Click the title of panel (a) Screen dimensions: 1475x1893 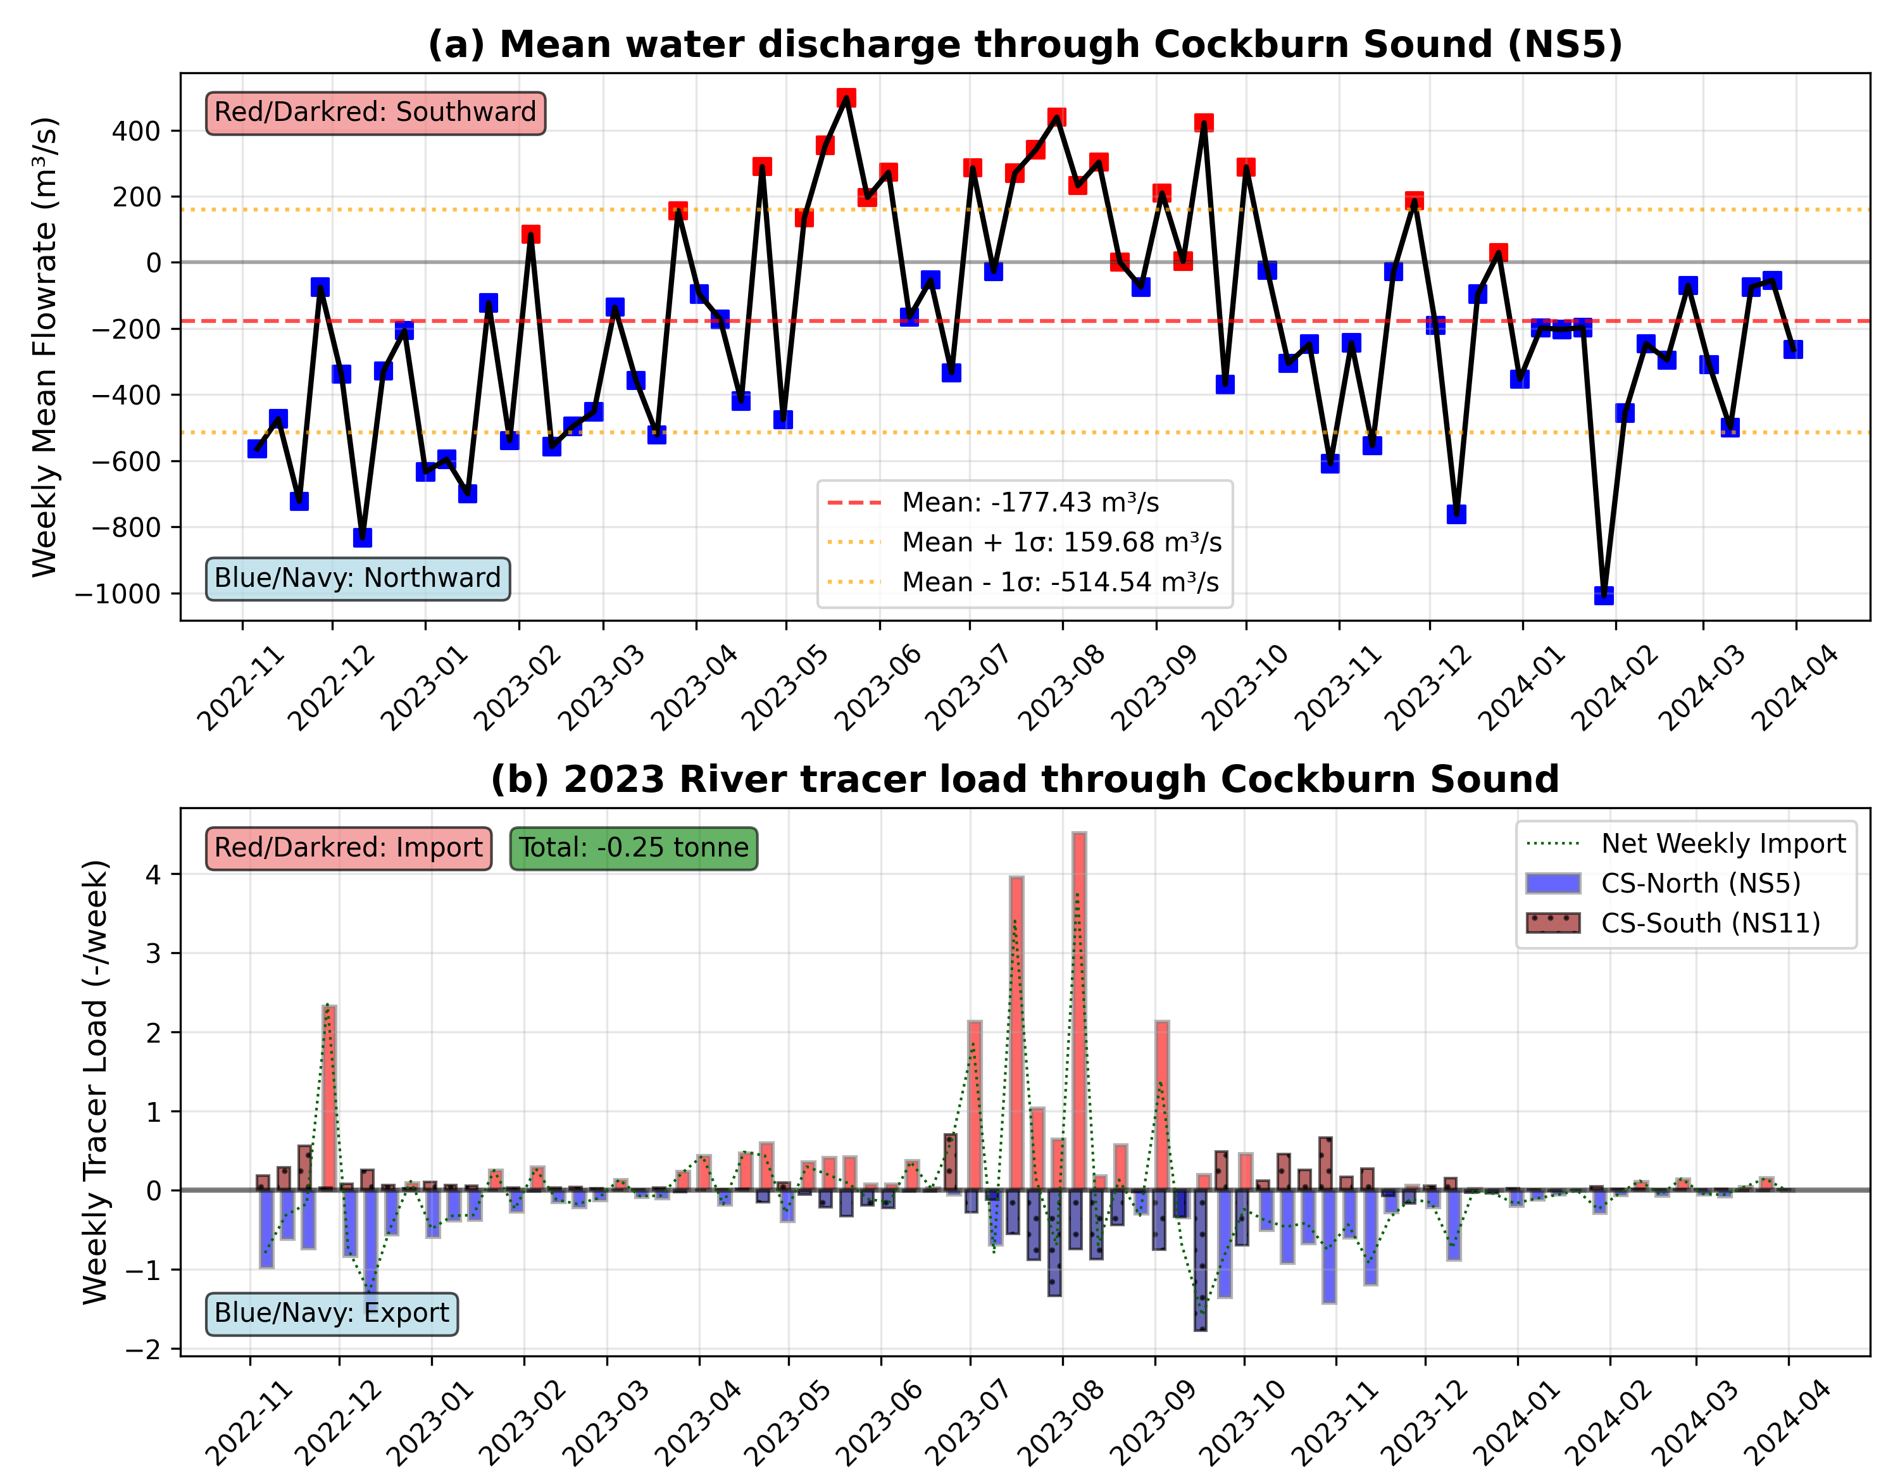coord(1025,44)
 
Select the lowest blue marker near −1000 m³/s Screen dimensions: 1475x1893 coord(1604,595)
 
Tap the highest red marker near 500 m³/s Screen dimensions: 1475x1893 coord(846,98)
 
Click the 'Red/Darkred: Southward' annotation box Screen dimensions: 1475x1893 coord(375,113)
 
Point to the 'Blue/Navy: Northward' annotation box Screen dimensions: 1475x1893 coord(357,579)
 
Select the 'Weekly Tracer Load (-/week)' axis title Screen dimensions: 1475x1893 coord(96,1081)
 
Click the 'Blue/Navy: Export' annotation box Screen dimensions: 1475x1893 coord(331,1313)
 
